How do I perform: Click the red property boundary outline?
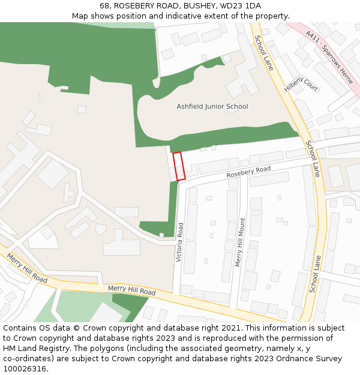(179, 166)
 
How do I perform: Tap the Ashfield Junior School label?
(212, 107)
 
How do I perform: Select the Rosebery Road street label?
(248, 173)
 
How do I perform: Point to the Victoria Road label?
(179, 242)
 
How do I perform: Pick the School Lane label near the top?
(263, 53)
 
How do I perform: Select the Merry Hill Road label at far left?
(28, 268)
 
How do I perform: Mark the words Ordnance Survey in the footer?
(308, 358)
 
